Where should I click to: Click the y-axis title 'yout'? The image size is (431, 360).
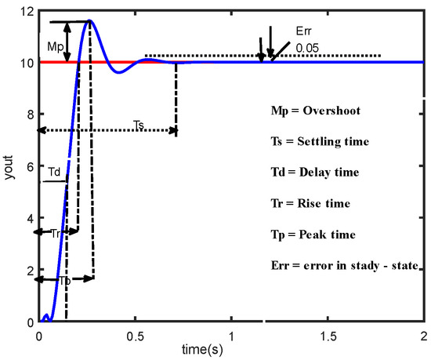pyautogui.click(x=9, y=165)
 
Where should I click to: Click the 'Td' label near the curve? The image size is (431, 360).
pyautogui.click(x=55, y=171)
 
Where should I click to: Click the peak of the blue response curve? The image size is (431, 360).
pyautogui.click(x=90, y=20)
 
